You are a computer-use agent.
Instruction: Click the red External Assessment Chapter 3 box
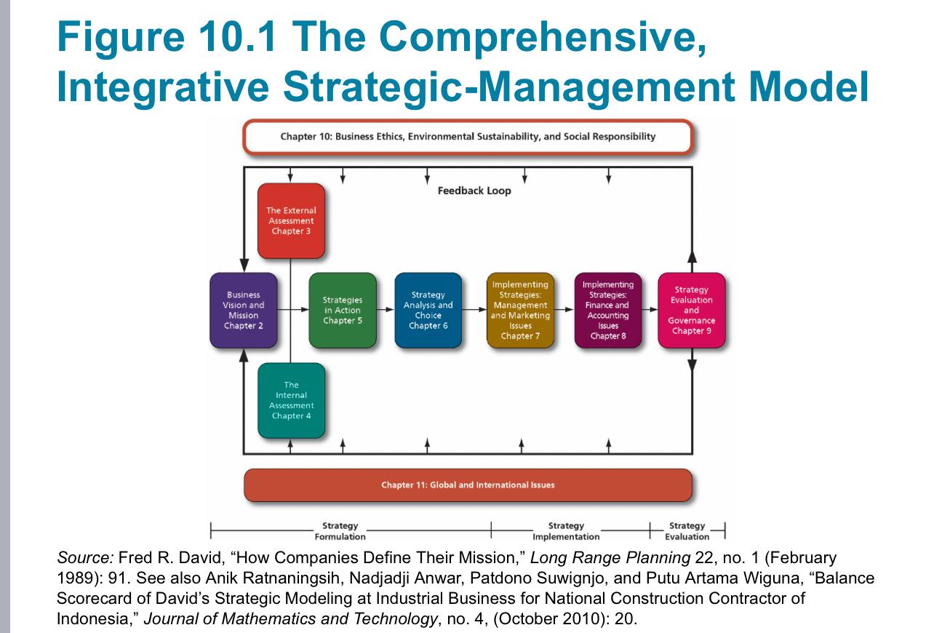point(291,220)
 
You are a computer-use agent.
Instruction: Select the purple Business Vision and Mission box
point(244,311)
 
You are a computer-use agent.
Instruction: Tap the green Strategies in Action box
point(342,311)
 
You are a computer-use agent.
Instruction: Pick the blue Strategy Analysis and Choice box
point(428,311)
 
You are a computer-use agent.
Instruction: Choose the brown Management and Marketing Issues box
point(520,311)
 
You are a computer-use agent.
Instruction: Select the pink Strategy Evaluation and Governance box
point(691,311)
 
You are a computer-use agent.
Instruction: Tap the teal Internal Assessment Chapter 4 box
point(291,400)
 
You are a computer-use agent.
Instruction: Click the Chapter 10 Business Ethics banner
point(467,137)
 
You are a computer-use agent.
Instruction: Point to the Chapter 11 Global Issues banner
point(467,485)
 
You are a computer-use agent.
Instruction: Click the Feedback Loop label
point(474,191)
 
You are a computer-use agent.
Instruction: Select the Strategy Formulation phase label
point(340,531)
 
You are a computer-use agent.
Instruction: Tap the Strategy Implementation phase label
point(566,531)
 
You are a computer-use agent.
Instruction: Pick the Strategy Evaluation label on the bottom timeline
point(687,531)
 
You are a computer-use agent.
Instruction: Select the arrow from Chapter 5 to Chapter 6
point(386,310)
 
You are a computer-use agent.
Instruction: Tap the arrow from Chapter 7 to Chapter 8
point(564,310)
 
